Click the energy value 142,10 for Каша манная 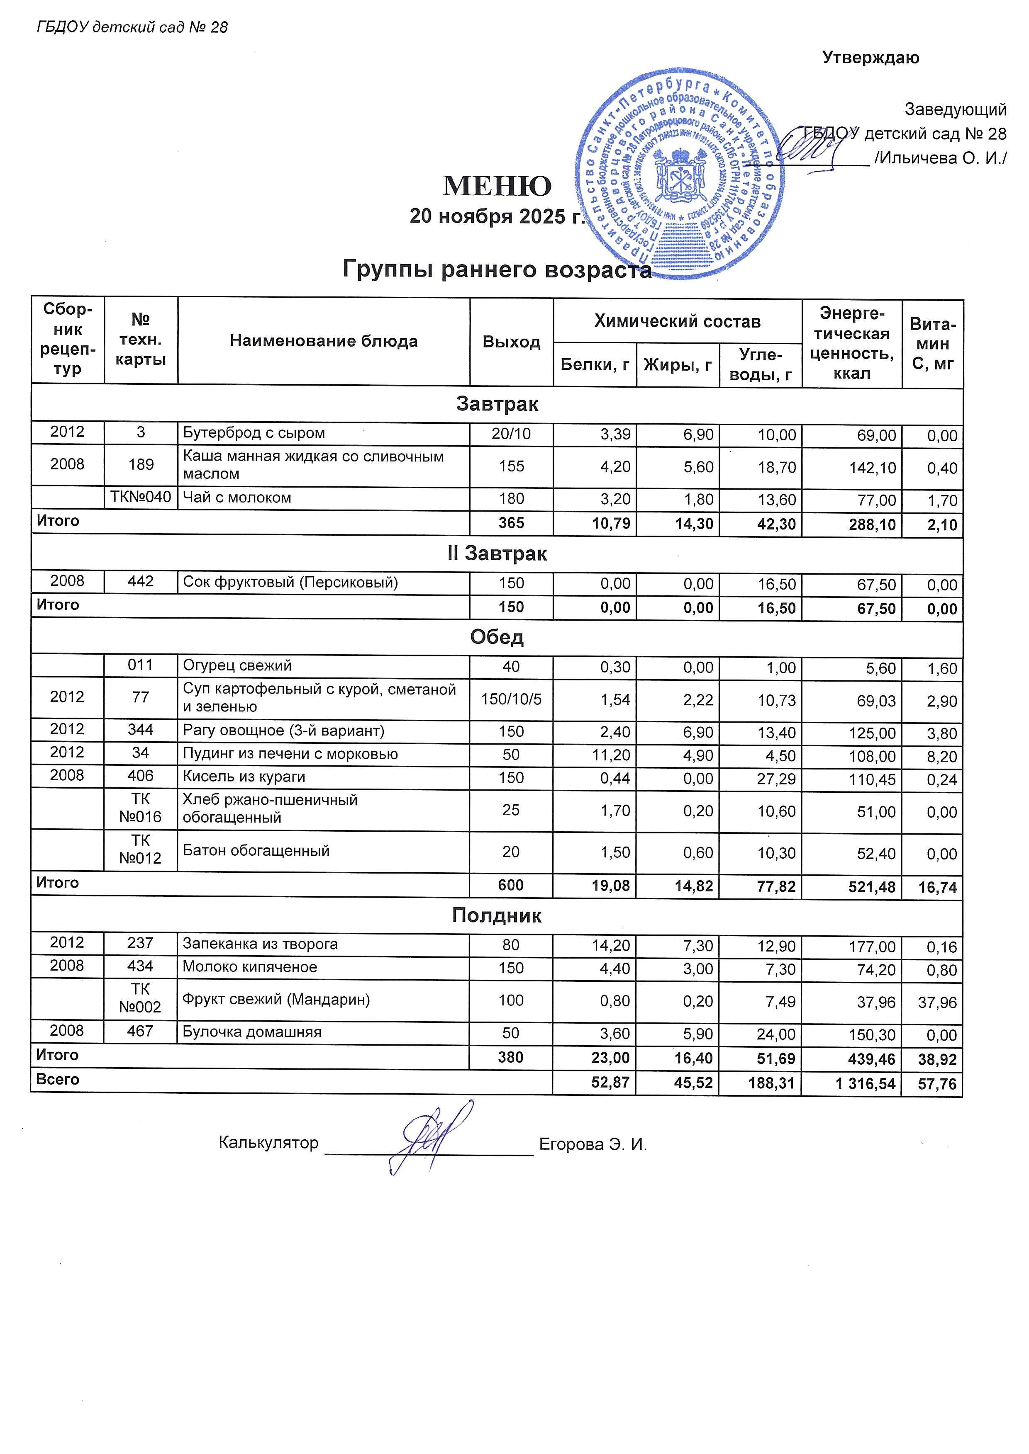click(x=876, y=468)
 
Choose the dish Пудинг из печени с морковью click(x=290, y=754)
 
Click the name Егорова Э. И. click(x=593, y=1144)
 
